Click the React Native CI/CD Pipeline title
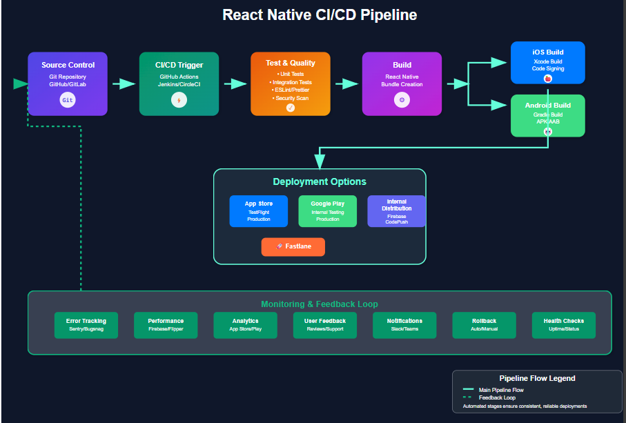[x=320, y=14]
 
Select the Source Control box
[x=68, y=83]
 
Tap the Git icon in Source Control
[x=68, y=100]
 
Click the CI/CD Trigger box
[x=179, y=83]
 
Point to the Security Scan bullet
[x=291, y=98]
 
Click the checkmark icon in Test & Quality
[x=291, y=108]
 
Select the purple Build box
[x=402, y=83]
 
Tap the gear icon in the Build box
[x=402, y=100]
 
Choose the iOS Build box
[x=547, y=61]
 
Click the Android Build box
[x=547, y=115]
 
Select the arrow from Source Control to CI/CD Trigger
[x=124, y=83]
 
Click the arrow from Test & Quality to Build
[x=346, y=83]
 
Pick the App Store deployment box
[x=259, y=211]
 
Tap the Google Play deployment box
[x=328, y=211]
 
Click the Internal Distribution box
[x=396, y=211]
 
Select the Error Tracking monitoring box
[x=86, y=325]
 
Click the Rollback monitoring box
[x=484, y=325]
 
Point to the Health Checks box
[x=563, y=325]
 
